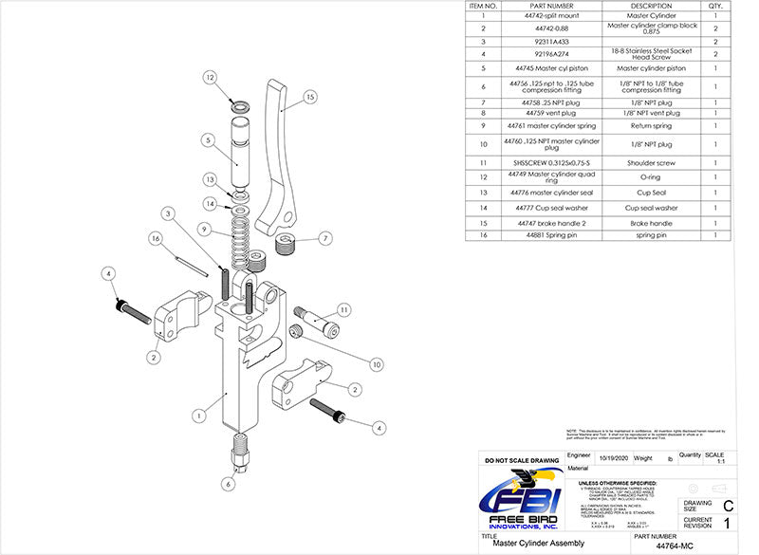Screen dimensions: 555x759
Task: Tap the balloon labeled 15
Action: [x=310, y=96]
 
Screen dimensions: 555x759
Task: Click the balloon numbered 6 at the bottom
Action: [x=228, y=483]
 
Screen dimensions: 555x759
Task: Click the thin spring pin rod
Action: [x=190, y=261]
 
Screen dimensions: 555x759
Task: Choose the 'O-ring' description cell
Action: [x=650, y=176]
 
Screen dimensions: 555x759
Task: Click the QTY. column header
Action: [x=713, y=5]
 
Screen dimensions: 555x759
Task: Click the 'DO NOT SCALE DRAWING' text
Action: [x=521, y=459]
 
